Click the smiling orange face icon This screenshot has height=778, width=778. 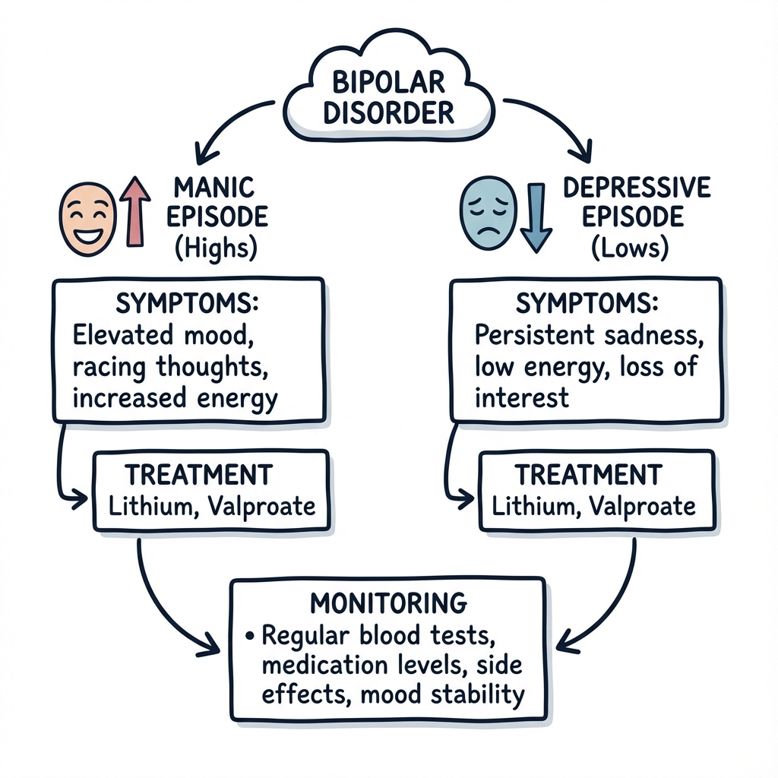87,219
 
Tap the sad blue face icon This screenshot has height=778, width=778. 489,213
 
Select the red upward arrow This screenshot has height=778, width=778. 135,211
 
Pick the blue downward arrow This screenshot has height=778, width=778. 536,218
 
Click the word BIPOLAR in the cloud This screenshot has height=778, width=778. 388,82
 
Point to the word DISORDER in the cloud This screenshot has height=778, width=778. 388,112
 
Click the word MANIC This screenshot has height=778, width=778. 213,188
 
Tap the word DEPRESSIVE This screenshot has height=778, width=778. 637,188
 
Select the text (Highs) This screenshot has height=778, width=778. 217,248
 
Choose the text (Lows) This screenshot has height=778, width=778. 630,247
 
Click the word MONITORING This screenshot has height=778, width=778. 388,603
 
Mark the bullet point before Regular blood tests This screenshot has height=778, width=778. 249,636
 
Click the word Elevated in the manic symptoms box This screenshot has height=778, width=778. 122,334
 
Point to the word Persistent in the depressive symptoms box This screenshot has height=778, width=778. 534,334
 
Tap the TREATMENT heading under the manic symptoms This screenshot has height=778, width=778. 198,475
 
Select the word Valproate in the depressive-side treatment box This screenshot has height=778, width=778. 643,507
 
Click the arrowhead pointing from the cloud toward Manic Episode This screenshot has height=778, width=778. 205,153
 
